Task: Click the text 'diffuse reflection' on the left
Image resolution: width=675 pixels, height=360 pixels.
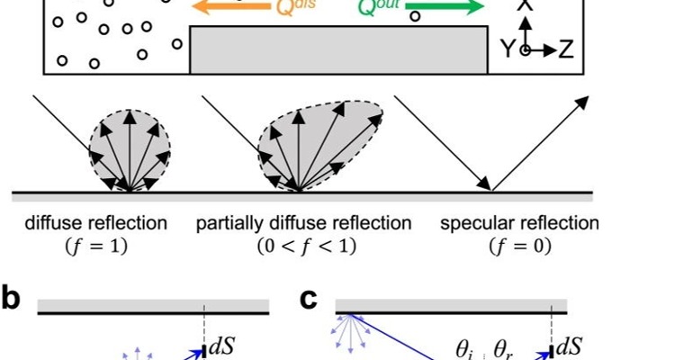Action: (x=96, y=223)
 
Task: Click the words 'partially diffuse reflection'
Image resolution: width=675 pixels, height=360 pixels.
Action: (x=304, y=223)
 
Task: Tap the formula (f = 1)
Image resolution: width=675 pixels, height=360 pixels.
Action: (x=96, y=245)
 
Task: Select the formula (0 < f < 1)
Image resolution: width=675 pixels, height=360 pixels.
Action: (x=304, y=245)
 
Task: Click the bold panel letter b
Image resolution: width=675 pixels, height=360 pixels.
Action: (x=11, y=300)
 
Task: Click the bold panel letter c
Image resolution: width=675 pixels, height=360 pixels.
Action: (x=309, y=300)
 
